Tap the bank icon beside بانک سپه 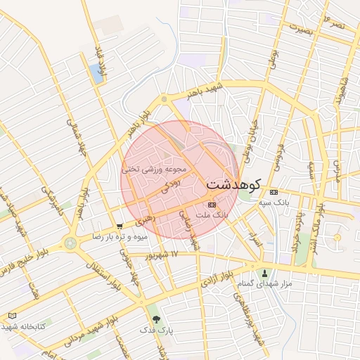[274, 193]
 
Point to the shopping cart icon [120, 226]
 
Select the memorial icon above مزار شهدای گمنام [265, 273]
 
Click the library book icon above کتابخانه [11, 316]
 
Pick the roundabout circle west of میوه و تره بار [70, 243]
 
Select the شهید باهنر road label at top [204, 92]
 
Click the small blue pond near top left [96, 72]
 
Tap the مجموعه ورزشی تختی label [154, 169]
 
